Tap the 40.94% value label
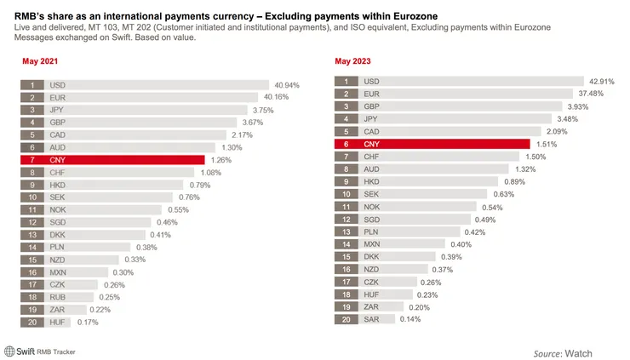(288, 86)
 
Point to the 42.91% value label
(601, 82)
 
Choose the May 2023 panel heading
(354, 62)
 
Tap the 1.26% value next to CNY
(221, 160)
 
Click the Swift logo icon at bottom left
(10, 350)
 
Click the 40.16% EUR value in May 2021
(283, 98)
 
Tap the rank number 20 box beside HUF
(32, 322)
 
